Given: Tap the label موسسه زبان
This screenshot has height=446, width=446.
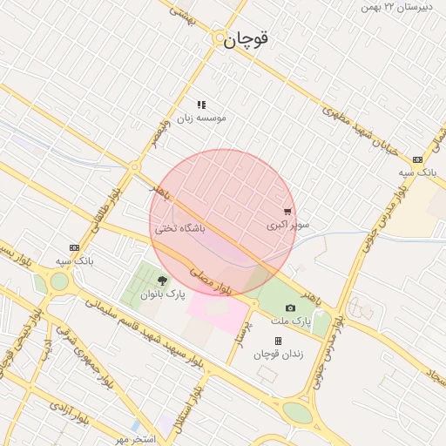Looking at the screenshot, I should (x=202, y=118).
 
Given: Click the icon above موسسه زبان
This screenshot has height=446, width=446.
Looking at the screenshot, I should (x=201, y=105).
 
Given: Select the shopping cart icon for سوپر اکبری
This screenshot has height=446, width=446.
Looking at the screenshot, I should (x=287, y=212).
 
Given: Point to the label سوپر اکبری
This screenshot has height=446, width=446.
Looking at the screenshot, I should (x=287, y=225).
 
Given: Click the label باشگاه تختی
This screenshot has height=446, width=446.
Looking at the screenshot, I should (x=180, y=228).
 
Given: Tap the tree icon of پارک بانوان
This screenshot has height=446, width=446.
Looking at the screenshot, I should (x=162, y=280).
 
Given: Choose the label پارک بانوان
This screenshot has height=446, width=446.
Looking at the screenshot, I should (x=163, y=294).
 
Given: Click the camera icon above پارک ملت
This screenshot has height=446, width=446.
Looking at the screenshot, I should (x=290, y=307).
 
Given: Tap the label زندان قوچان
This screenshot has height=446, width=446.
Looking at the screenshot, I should (x=277, y=355).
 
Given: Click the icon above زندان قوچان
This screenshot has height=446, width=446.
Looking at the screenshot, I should (x=278, y=341).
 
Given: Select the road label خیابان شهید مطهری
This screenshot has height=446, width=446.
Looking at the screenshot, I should (x=360, y=131).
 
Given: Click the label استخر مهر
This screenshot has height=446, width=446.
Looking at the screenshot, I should (x=134, y=438).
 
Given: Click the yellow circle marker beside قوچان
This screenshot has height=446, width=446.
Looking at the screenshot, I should (x=218, y=38).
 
